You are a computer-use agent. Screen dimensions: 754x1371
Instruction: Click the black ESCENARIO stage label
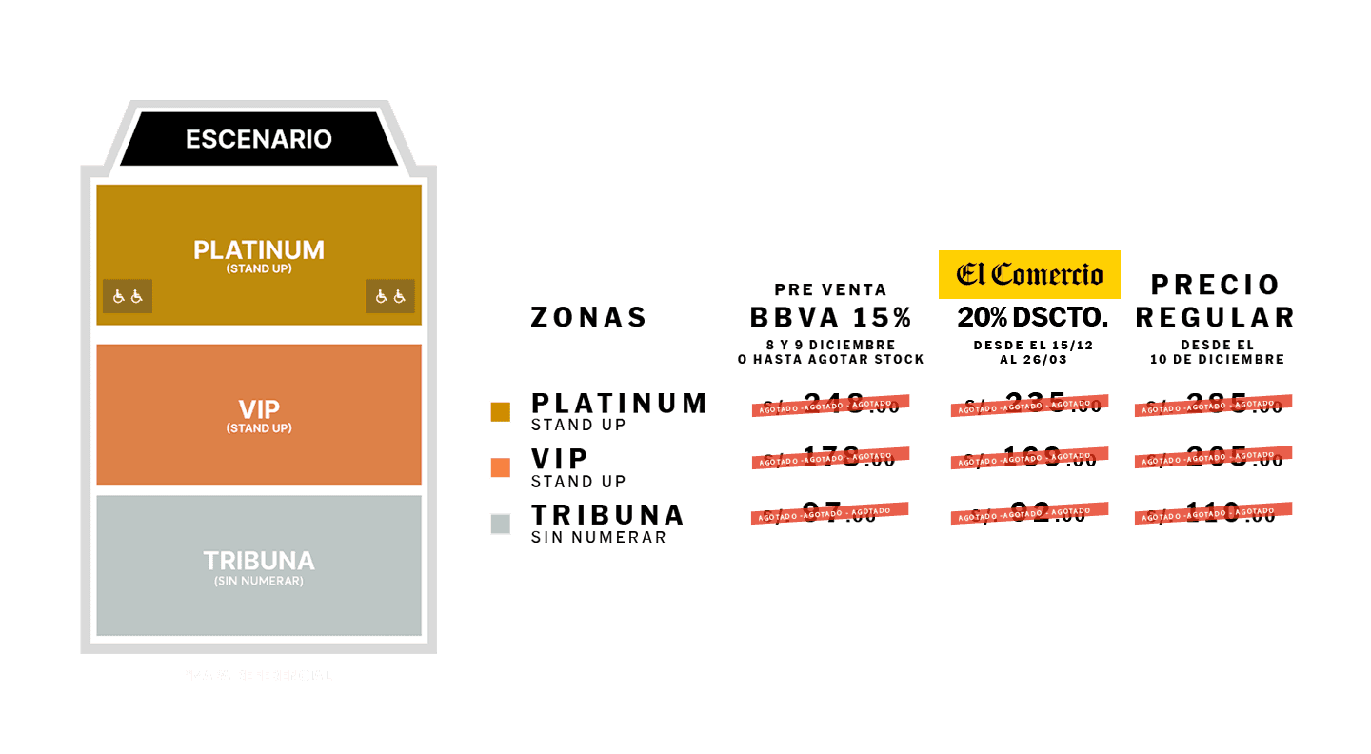point(259,139)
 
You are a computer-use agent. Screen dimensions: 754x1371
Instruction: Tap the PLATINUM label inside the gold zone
point(259,250)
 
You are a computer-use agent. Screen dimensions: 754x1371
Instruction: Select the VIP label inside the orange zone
point(259,410)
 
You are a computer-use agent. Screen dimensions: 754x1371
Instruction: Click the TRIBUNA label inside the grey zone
point(259,561)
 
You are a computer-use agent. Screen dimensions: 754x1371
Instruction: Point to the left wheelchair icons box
point(128,297)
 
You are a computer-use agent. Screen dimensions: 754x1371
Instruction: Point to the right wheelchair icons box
point(390,297)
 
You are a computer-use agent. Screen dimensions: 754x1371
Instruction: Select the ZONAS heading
point(588,317)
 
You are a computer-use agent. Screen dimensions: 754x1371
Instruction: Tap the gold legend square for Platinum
point(500,411)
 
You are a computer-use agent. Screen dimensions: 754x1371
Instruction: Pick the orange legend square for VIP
point(500,467)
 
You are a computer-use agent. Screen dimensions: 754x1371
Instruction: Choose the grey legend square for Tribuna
point(500,524)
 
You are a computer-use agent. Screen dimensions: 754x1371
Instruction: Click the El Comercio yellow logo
point(1029,275)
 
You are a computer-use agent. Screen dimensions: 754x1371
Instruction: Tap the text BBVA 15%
point(831,317)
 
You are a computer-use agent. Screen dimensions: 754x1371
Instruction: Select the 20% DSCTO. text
point(1029,317)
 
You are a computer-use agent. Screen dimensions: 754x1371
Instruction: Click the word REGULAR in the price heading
point(1215,317)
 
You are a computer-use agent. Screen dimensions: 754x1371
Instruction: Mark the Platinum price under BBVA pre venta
point(830,406)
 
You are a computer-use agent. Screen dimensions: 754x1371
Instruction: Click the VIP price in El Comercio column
point(1029,459)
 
